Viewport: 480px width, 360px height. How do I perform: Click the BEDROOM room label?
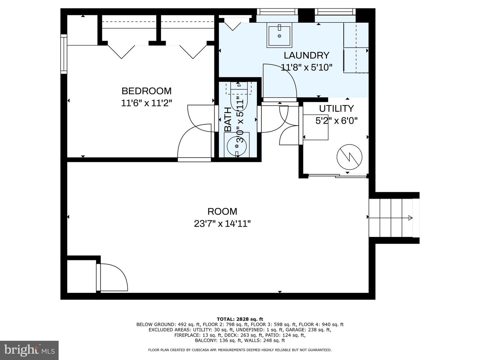(x=146, y=91)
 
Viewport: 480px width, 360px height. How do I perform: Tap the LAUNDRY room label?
(x=306, y=55)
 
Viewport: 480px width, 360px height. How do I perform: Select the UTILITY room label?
(x=336, y=109)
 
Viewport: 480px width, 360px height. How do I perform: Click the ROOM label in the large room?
(x=222, y=211)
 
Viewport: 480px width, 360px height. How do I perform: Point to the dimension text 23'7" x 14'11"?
(x=222, y=224)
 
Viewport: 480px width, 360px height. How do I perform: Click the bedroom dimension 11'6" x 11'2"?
(x=146, y=103)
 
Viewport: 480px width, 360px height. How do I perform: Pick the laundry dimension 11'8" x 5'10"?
(x=307, y=68)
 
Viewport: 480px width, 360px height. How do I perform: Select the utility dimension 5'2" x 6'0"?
(x=336, y=121)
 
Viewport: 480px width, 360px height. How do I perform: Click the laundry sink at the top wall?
(x=279, y=35)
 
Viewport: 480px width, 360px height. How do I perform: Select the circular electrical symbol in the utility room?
(x=349, y=157)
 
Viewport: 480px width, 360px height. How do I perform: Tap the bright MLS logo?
(x=29, y=350)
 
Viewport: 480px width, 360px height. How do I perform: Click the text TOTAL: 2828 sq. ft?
(x=240, y=319)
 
